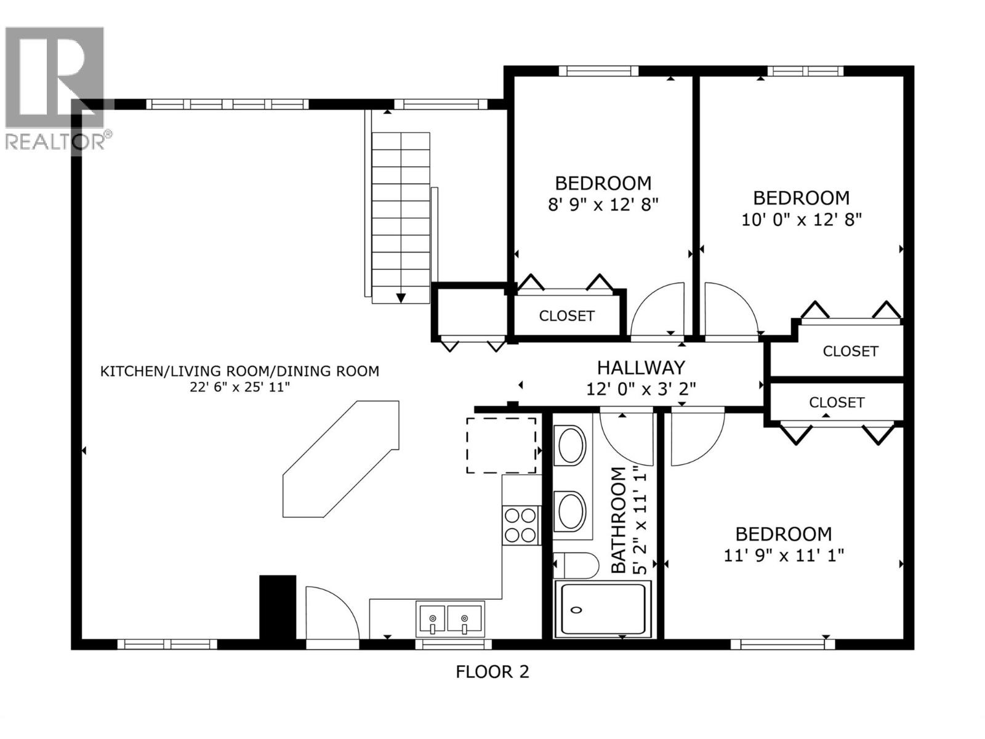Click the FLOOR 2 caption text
click(492, 671)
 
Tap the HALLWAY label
click(640, 368)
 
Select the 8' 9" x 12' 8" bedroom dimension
click(603, 204)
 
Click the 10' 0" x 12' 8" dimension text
click(801, 219)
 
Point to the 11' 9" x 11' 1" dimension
click(783, 555)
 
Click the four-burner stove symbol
click(521, 525)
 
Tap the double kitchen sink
click(449, 619)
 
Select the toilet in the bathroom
click(576, 565)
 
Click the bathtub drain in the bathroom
click(576, 610)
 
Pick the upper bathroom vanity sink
click(571, 445)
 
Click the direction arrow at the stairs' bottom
click(401, 298)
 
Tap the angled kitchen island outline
click(340, 459)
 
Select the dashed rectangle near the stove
click(501, 445)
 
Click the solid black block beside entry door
click(278, 608)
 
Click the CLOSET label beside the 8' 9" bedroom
click(566, 316)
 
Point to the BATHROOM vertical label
click(618, 520)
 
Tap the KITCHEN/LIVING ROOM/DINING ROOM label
click(239, 371)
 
